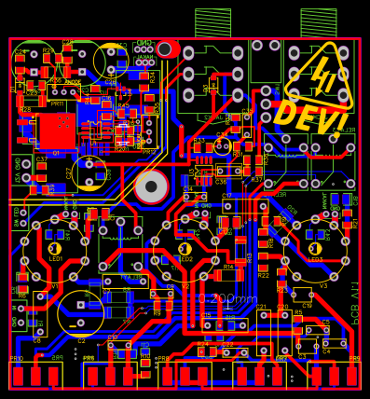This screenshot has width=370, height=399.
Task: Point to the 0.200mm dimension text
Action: (x=226, y=299)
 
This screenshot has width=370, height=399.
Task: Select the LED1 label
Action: (x=56, y=259)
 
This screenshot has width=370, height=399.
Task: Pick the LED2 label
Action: (x=185, y=259)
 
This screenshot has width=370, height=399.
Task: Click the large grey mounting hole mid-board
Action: (x=151, y=186)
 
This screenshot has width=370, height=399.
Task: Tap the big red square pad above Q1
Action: (x=57, y=131)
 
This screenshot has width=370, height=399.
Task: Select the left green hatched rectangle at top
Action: (x=212, y=22)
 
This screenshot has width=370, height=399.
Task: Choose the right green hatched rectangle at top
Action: (x=319, y=22)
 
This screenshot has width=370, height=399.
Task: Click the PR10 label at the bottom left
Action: (x=16, y=359)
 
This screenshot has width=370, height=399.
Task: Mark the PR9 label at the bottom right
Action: (x=354, y=359)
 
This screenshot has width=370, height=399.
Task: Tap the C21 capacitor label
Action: (x=261, y=308)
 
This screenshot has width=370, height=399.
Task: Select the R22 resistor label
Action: (x=263, y=276)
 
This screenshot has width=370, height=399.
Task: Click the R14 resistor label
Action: (x=228, y=267)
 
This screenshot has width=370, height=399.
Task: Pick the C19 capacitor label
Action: (x=307, y=306)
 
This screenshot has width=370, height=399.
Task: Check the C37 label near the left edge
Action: (x=41, y=159)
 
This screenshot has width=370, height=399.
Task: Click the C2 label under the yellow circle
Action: (x=81, y=341)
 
